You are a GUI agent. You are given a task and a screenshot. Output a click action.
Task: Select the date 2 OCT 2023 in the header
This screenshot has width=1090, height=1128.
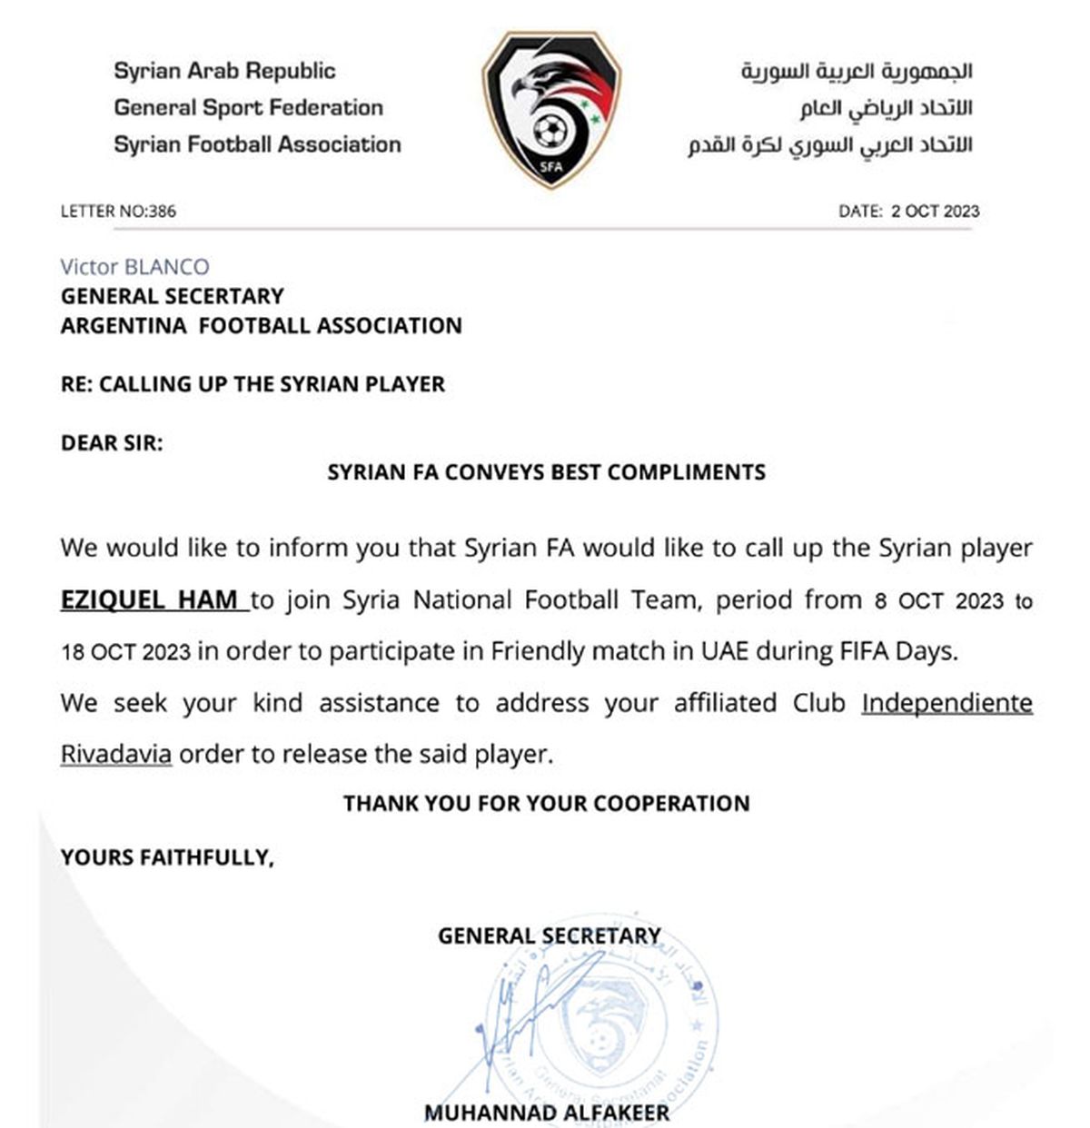(935, 212)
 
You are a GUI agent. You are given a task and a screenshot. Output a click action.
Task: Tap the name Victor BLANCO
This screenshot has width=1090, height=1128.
(134, 267)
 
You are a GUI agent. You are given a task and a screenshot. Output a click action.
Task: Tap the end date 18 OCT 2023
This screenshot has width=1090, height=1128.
(125, 652)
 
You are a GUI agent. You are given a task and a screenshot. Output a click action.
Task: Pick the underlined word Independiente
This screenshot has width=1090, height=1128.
(946, 703)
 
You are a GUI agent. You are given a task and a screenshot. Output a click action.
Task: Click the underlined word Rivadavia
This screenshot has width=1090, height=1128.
(115, 754)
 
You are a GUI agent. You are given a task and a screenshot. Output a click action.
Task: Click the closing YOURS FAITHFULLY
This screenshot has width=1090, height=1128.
(166, 856)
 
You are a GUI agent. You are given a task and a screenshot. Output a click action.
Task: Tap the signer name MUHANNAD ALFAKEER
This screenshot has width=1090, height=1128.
(546, 1113)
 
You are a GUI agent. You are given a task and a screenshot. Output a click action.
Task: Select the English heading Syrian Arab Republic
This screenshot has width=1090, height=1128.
(224, 71)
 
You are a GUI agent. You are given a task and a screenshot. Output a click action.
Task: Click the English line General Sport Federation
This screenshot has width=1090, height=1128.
(248, 107)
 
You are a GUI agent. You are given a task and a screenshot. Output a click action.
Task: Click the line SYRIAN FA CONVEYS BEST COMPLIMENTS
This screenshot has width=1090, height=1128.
(546, 472)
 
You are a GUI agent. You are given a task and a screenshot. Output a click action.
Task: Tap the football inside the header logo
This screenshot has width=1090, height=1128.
(548, 133)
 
